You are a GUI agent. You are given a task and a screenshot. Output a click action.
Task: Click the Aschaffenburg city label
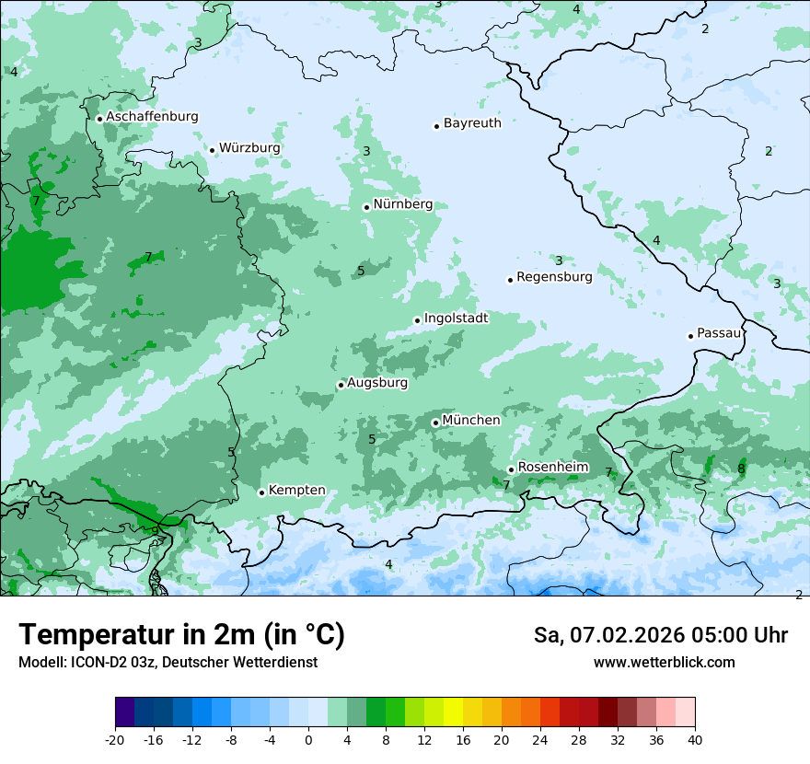tap(152, 117)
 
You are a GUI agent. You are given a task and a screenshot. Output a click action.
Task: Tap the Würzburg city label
tap(249, 148)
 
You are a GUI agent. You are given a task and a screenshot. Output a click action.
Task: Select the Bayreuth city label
tap(472, 123)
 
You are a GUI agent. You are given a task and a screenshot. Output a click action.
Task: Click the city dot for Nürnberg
tap(366, 207)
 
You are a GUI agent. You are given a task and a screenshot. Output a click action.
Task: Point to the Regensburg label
tap(554, 277)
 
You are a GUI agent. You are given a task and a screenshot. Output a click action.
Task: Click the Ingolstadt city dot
tap(417, 320)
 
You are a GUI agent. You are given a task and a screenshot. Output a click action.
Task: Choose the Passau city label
tap(719, 333)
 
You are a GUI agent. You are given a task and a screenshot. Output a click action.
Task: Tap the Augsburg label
tap(376, 383)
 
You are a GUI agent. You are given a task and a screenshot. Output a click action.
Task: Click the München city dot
tap(435, 423)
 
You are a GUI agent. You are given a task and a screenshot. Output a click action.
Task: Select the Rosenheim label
tap(552, 468)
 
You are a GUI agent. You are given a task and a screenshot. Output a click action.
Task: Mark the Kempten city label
tap(296, 491)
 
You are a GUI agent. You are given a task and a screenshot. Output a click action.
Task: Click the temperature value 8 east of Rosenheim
tap(741, 469)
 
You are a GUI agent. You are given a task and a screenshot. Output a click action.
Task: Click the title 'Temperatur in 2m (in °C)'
tap(181, 635)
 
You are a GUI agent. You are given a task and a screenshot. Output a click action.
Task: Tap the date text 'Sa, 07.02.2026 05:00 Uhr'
tap(660, 635)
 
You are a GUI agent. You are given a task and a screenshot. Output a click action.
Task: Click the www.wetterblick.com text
tap(664, 663)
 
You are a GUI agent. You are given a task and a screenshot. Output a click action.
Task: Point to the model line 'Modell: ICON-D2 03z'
tap(168, 663)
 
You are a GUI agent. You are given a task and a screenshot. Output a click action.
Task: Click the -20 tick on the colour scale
tap(115, 739)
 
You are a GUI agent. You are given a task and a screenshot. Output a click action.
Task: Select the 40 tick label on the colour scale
tap(694, 739)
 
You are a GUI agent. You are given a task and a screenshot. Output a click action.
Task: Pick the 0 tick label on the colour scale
tap(308, 739)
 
